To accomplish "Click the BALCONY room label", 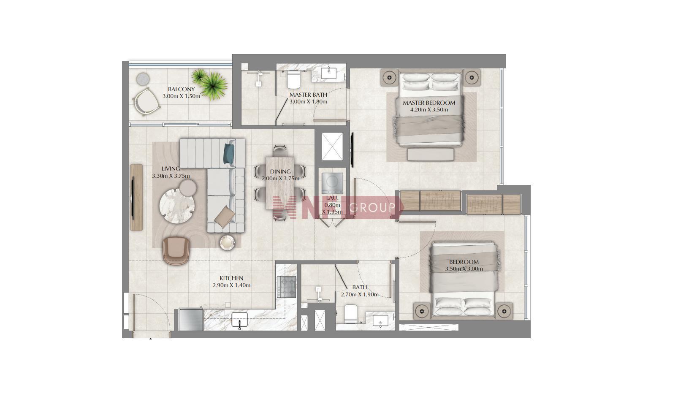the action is tap(181, 90).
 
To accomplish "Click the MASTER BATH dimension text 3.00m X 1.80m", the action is tap(308, 102).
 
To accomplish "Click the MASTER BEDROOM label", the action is tap(429, 103).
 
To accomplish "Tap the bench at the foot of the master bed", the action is tap(431, 155).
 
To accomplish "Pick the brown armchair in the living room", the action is tap(176, 251).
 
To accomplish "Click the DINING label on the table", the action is tap(280, 172).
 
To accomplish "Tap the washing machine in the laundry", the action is tap(332, 183).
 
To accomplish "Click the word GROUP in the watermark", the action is tap(372, 207).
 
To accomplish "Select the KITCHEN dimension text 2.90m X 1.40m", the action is tap(231, 285).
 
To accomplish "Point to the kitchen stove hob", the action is tap(286, 286).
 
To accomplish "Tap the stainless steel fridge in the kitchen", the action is tap(190, 319).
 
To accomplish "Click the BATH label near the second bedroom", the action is tap(360, 287).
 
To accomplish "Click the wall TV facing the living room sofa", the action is tap(133, 197).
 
